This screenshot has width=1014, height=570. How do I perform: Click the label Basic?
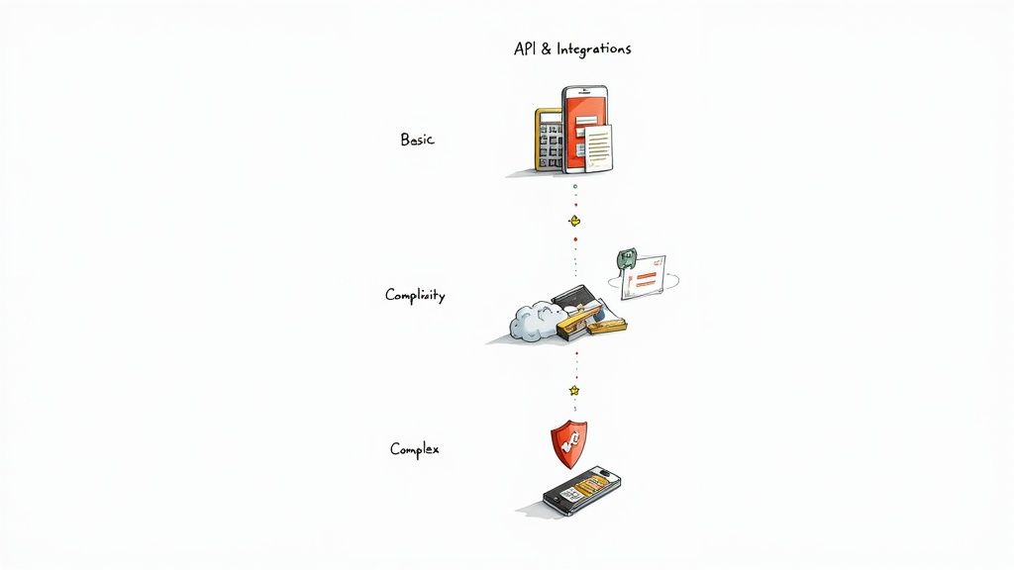click(417, 140)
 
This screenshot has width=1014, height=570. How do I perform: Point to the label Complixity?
click(415, 295)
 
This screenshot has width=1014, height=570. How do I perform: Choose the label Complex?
click(414, 449)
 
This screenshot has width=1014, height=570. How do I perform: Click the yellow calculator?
click(549, 140)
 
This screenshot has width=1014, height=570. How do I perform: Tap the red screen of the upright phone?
click(584, 119)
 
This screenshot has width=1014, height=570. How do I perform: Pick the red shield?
click(568, 443)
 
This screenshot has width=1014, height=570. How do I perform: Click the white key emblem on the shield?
click(568, 445)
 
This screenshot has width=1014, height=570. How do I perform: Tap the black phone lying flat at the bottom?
click(581, 491)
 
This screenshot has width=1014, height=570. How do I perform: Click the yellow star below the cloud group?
click(573, 391)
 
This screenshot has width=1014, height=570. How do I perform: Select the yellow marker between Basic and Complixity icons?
click(573, 220)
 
